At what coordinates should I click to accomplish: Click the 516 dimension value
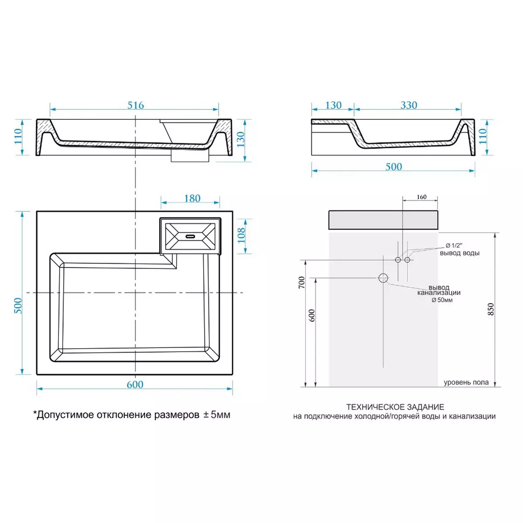click(136, 105)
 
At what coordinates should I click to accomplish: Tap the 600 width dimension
click(135, 384)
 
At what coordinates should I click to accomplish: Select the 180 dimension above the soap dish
click(192, 198)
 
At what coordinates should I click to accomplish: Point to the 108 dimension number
click(241, 235)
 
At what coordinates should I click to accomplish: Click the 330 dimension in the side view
click(409, 105)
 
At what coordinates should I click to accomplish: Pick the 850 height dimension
click(491, 309)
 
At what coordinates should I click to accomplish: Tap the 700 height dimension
click(302, 282)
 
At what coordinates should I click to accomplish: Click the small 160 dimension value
click(421, 197)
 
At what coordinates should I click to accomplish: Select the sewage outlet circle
click(383, 278)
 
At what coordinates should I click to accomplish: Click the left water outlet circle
click(398, 260)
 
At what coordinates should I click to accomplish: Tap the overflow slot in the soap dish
click(190, 236)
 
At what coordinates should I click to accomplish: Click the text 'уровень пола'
click(466, 382)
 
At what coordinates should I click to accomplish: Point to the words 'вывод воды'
click(459, 253)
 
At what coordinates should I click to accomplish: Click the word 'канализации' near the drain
click(439, 292)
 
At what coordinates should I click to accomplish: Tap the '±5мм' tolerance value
click(217, 415)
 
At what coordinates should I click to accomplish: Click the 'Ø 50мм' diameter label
click(442, 300)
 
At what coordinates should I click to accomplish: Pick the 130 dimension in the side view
click(333, 105)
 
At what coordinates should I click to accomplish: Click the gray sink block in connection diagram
click(383, 220)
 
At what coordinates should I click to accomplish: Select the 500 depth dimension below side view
click(394, 166)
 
